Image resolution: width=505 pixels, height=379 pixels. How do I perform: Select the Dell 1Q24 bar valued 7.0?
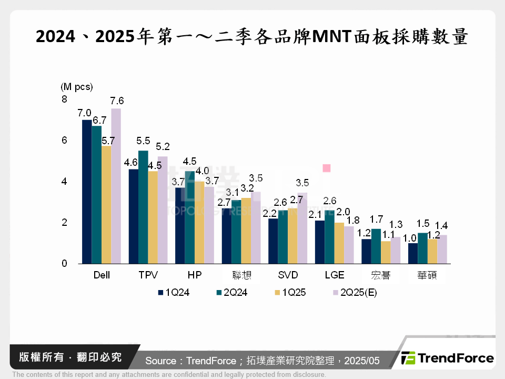[87, 192]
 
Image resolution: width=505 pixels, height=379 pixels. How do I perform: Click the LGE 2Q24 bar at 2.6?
[330, 237]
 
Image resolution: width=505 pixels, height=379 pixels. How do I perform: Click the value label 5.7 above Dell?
[108, 141]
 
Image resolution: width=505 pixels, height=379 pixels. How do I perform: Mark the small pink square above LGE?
[326, 168]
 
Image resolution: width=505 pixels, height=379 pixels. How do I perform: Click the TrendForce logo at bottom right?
[448, 358]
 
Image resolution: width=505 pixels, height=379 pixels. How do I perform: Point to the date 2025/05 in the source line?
[362, 361]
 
